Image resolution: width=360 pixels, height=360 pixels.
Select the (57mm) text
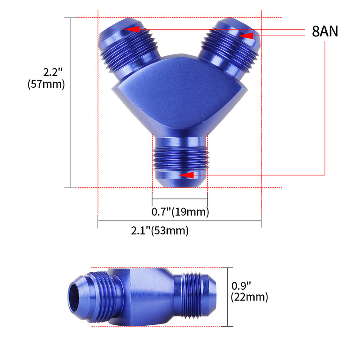pos(46,84)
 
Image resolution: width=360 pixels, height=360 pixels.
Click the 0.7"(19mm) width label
pos(180,211)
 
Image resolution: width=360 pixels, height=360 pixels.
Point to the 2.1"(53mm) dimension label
pos(160,231)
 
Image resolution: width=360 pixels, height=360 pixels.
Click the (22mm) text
pos(249,297)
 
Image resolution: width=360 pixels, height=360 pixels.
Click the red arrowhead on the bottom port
pos(186,175)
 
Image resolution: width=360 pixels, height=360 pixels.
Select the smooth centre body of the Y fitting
pos(180,97)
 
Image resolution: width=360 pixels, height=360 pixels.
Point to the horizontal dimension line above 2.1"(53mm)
pos(180,221)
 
